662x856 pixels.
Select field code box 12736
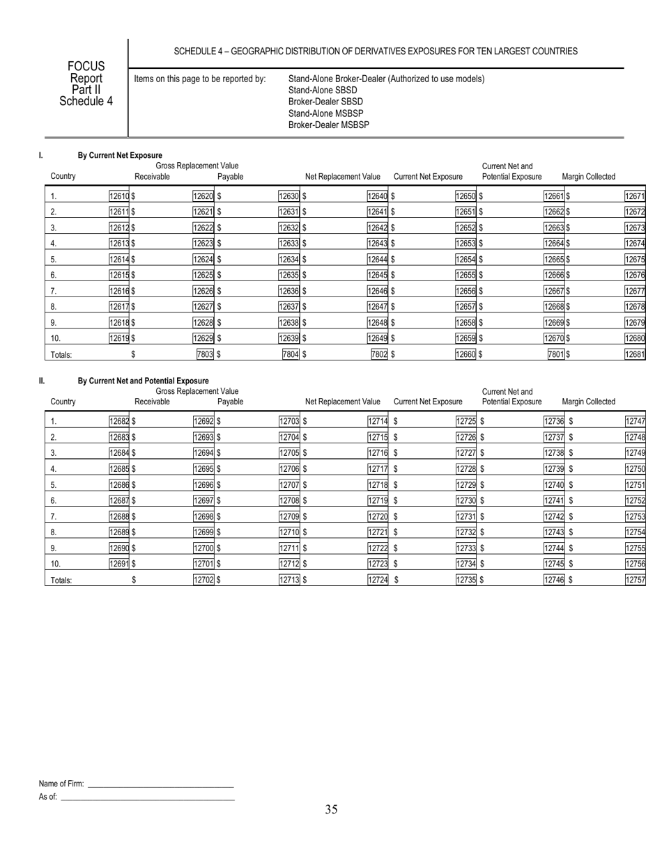pos(555,421)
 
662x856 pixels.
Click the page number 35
pos(331,809)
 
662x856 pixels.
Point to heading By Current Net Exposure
pos(120,155)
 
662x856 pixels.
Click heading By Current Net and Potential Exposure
pos(143,381)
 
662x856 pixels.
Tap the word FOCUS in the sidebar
pos(86,66)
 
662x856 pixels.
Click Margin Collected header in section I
pos(588,177)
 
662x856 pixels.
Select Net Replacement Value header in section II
pos(343,402)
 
